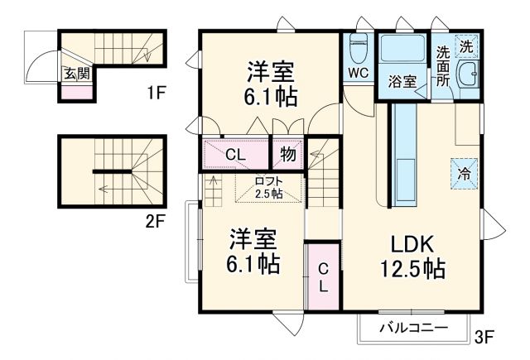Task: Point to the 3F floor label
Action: coord(484,337)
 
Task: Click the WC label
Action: coord(358,72)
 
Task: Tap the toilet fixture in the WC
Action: coord(359,47)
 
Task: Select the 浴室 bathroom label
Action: coord(402,81)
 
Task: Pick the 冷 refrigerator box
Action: coord(465,174)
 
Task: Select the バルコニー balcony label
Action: coord(414,329)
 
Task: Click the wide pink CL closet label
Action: coord(234,153)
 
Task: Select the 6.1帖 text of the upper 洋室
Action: coord(270,97)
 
